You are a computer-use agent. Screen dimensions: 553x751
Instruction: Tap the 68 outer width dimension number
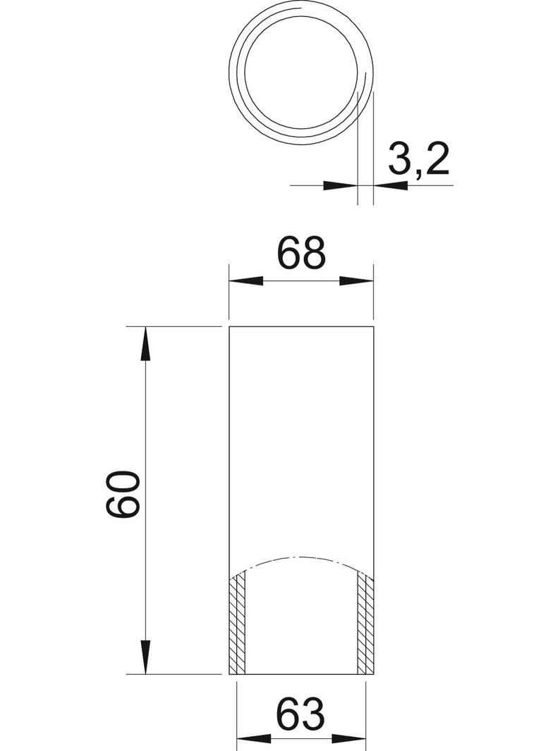(302, 252)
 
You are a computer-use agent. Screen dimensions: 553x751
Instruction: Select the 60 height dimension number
(122, 494)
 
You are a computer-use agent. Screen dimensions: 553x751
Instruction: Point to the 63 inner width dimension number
(301, 713)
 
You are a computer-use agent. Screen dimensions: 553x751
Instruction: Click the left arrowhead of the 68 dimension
(246, 281)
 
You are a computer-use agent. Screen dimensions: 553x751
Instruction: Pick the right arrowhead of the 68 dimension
(356, 281)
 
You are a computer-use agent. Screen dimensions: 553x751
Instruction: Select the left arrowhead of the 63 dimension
(254, 740)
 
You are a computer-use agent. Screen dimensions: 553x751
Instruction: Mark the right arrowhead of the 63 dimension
(348, 740)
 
